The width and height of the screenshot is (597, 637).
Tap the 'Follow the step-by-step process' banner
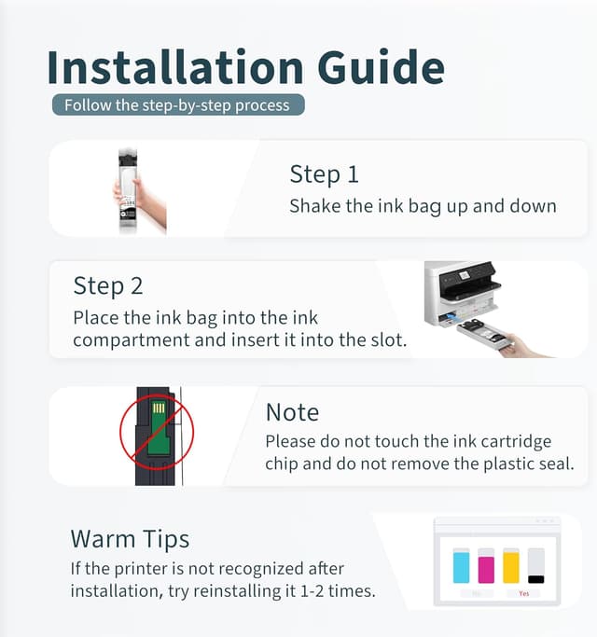[178, 104]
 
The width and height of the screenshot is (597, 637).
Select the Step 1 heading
[324, 173]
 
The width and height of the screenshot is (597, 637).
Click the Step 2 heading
[108, 284]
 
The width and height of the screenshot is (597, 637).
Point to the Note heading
[292, 412]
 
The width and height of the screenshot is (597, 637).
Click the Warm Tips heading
[130, 538]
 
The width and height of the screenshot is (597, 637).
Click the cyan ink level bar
[461, 566]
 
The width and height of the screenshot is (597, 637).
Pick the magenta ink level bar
[486, 566]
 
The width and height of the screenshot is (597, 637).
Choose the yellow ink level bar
[511, 566]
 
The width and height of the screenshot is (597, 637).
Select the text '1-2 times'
[341, 590]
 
